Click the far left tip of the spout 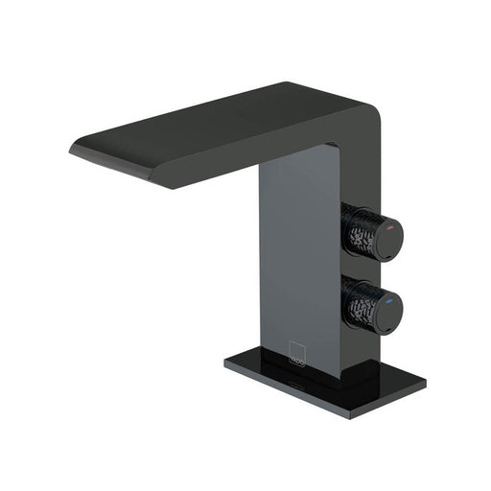pos(72,149)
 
